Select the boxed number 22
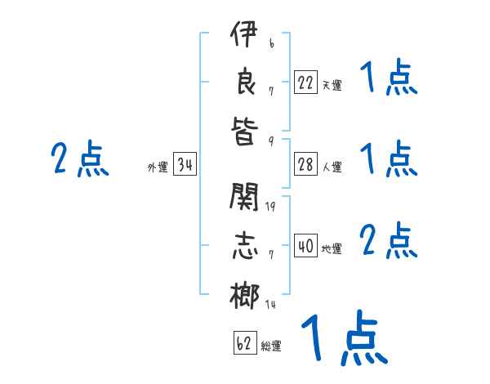pos(305,82)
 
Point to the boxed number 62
pos(244,343)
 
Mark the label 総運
pos(271,346)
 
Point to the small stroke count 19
pos(271,206)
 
